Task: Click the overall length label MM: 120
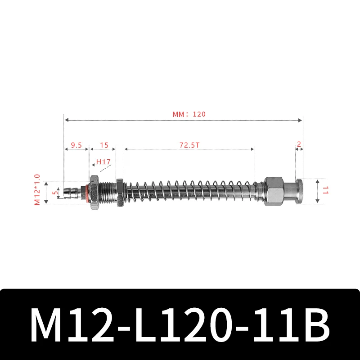pyautogui.click(x=189, y=114)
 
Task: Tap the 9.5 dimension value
pyautogui.click(x=76, y=145)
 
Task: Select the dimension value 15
pyautogui.click(x=104, y=145)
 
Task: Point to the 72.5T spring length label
pyautogui.click(x=189, y=145)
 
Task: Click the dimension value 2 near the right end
pyautogui.click(x=299, y=144)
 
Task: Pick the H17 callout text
pyautogui.click(x=103, y=162)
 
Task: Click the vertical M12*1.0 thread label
pyautogui.click(x=37, y=190)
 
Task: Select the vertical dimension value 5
pyautogui.click(x=55, y=192)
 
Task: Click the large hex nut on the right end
pyautogui.click(x=274, y=191)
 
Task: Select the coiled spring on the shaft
pyautogui.click(x=189, y=192)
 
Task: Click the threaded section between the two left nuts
pyautogui.click(x=106, y=193)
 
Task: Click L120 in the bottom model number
pyautogui.click(x=180, y=325)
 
